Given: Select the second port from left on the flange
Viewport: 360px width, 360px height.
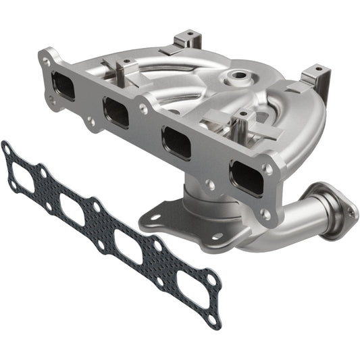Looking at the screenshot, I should [116, 111].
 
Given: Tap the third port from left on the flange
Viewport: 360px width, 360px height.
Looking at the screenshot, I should [176, 141].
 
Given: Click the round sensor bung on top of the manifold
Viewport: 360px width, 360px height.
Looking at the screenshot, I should [240, 76].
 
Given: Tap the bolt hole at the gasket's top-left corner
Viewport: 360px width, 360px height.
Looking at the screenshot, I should [7, 147].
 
